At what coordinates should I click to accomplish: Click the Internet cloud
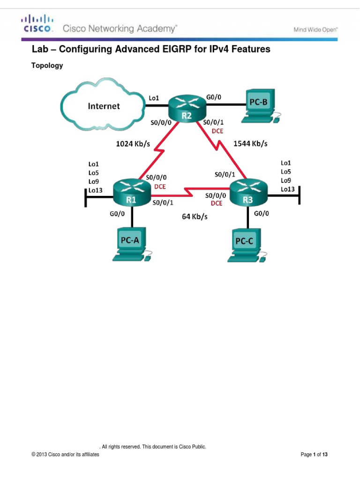[x=104, y=106]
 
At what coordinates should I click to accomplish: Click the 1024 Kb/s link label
[x=133, y=144]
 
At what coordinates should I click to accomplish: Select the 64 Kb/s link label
[x=195, y=217]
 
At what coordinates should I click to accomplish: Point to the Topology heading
[x=47, y=66]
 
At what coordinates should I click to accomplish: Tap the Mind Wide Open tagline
[x=315, y=29]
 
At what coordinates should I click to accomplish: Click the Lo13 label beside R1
[x=96, y=190]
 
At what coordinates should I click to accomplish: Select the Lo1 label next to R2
[x=154, y=98]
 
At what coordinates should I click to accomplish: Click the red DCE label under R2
[x=217, y=131]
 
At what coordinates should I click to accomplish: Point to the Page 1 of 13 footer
[x=314, y=455]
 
